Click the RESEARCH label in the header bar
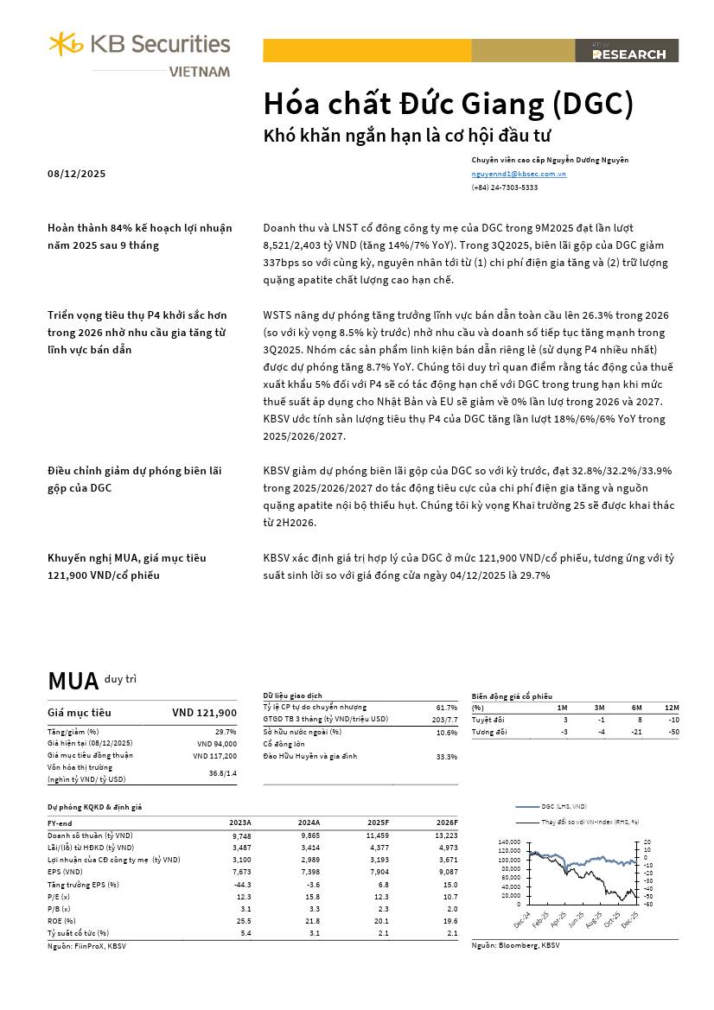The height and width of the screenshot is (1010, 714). coord(629,54)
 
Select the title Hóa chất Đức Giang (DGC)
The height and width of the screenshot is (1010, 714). coord(448,104)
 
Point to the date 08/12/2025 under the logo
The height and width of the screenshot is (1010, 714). coord(76,174)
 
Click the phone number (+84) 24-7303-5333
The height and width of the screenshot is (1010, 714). coord(504,187)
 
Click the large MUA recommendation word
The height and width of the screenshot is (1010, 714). coord(73,682)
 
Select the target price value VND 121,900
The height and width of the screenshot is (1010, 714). coord(204,713)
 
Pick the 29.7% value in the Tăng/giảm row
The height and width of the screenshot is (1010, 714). coord(226,732)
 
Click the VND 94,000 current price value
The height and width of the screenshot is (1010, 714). coord(216,743)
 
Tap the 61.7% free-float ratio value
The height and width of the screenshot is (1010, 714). coord(447,708)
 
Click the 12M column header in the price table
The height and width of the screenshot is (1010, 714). coord(673,708)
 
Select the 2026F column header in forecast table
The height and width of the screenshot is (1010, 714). coord(447,823)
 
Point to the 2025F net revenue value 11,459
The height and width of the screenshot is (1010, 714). coord(378,835)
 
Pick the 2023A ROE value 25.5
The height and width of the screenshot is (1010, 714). coord(242,920)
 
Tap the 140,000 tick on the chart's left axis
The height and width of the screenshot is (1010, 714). coord(509,842)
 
